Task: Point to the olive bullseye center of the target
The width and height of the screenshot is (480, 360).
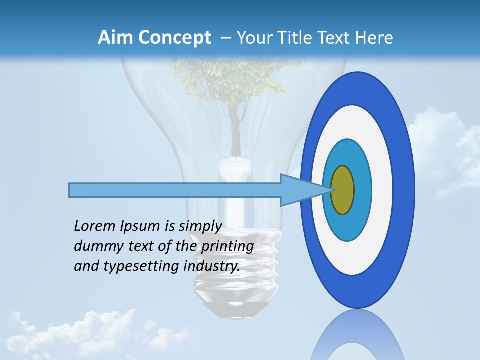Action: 342,190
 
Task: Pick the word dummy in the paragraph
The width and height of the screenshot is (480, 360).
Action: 95,247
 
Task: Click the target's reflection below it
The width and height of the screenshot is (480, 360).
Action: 357,337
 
